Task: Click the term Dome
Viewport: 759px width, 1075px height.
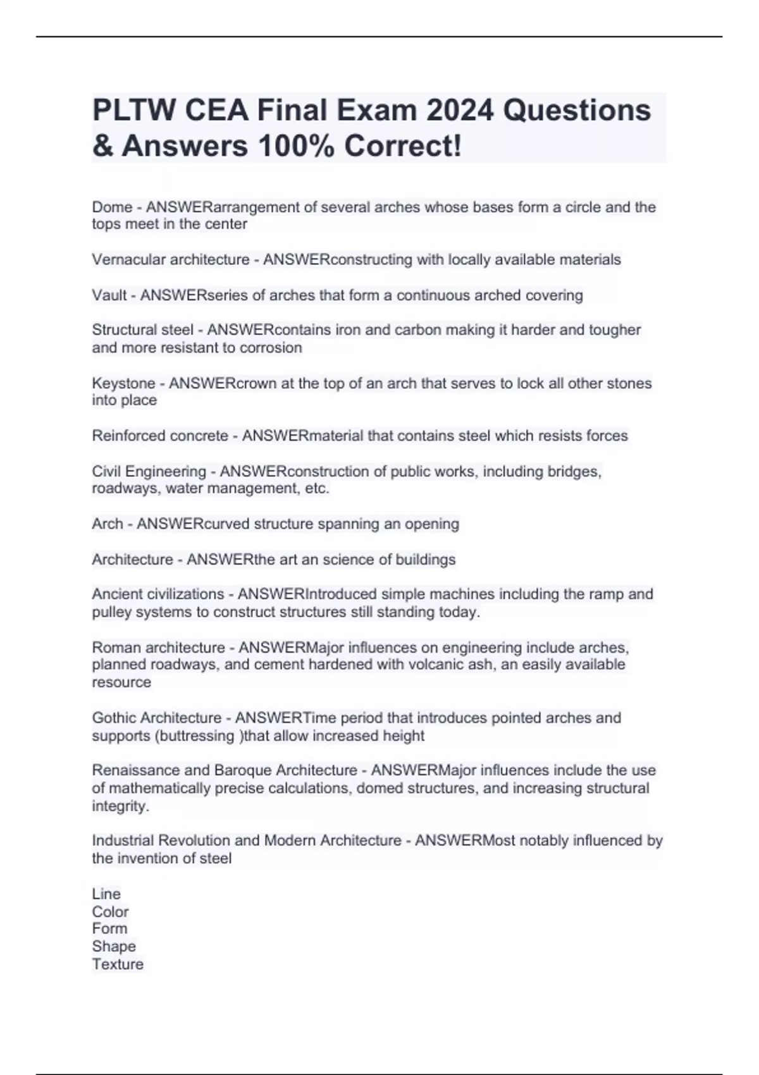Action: [x=112, y=207]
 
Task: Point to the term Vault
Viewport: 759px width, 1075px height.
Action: [x=109, y=295]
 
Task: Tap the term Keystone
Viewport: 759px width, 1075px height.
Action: [x=123, y=383]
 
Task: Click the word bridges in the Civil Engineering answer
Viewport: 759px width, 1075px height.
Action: [x=573, y=472]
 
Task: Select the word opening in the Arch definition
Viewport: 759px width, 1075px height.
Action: [x=432, y=524]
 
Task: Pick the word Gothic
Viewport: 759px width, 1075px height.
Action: [x=114, y=718]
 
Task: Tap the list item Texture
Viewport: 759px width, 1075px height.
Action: [x=118, y=964]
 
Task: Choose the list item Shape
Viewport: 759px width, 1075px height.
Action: [x=114, y=947]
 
